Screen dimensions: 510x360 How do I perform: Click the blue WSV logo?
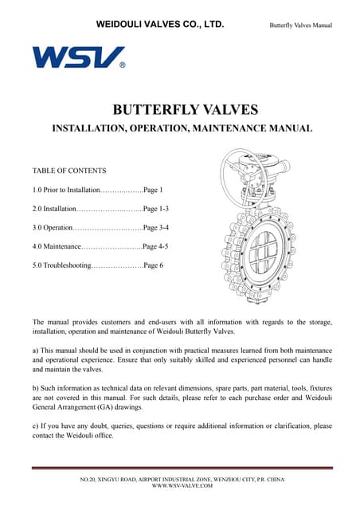click(x=77, y=57)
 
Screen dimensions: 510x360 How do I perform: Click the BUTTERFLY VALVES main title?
click(x=180, y=110)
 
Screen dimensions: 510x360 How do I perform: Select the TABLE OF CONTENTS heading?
click(x=68, y=171)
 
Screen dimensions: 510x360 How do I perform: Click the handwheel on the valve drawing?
click(x=242, y=173)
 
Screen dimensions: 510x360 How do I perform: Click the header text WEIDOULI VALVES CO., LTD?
click(x=159, y=25)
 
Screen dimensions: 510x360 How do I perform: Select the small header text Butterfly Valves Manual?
click(x=301, y=26)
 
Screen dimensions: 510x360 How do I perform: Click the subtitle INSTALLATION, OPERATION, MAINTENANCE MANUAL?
click(x=182, y=128)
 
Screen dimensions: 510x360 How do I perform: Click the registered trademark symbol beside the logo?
click(x=122, y=66)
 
